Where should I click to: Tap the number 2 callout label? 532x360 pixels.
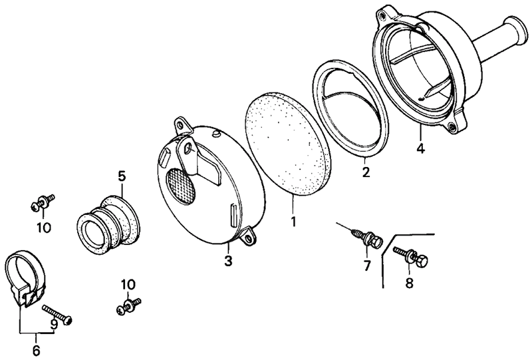[x=365, y=172]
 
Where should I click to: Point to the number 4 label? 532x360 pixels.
[x=420, y=147]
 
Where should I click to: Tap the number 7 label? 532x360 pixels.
[x=365, y=266]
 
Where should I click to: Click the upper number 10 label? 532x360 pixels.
[x=43, y=228]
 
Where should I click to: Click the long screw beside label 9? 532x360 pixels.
[x=57, y=313]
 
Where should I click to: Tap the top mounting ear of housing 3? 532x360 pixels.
[x=181, y=126]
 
